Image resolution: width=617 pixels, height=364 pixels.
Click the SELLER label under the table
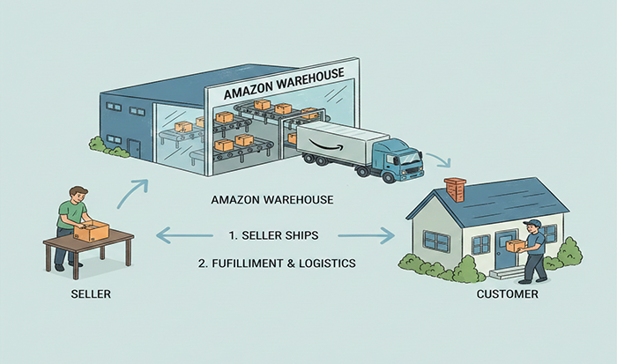point(90,293)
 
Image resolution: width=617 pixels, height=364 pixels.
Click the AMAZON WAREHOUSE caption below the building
point(272,199)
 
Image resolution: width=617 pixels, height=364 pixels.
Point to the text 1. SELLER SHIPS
point(272,235)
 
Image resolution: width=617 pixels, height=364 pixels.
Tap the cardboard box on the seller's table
point(91,231)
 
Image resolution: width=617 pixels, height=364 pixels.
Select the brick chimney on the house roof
point(455,189)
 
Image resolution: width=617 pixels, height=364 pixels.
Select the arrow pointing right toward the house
point(365,235)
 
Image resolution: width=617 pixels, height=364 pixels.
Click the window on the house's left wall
point(435,240)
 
